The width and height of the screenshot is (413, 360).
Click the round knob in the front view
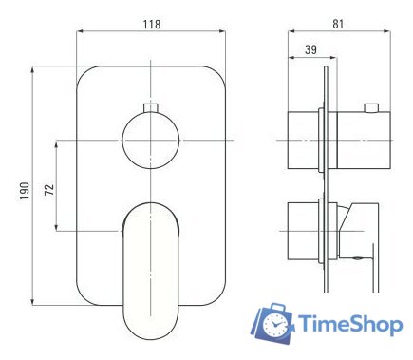tap(152, 140)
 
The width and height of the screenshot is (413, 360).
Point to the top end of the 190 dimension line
tap(36, 66)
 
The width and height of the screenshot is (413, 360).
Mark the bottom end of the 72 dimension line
tap(59, 231)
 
